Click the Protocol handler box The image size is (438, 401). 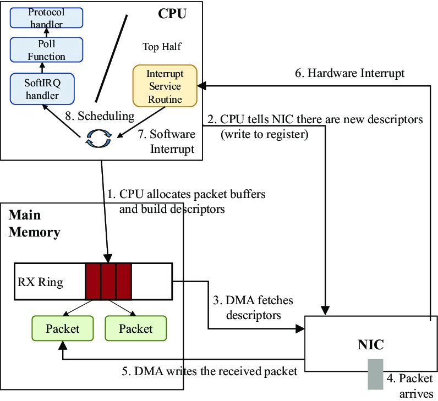point(46,18)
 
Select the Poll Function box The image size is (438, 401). point(46,50)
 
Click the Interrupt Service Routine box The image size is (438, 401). point(165,86)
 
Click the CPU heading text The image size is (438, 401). point(172,13)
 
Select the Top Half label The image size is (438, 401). point(162,47)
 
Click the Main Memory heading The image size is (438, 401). point(34,223)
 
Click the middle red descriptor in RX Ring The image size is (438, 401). point(108,281)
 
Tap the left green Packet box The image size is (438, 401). point(62,328)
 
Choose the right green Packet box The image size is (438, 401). point(135,328)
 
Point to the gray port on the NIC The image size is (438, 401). point(376,374)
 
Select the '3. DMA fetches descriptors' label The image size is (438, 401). point(253,308)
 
